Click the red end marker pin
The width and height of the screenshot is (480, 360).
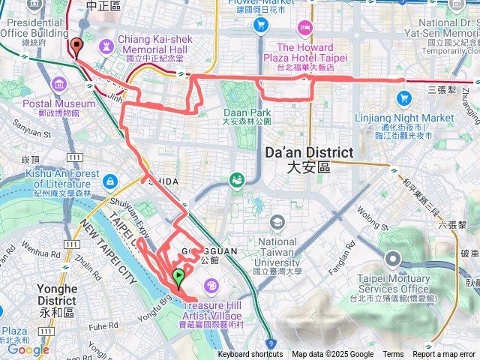click(x=76, y=47)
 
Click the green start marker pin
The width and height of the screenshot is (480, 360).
click(x=178, y=278)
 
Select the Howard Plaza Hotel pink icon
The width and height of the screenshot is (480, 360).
click(x=305, y=28)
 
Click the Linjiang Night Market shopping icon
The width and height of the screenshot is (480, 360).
click(x=404, y=97)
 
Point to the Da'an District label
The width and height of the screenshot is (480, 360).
click(x=308, y=159)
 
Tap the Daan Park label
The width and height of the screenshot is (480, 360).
click(x=245, y=116)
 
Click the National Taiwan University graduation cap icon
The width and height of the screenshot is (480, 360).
click(x=277, y=222)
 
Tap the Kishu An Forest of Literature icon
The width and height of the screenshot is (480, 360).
click(x=111, y=181)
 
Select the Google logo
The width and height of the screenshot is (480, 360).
click(x=28, y=349)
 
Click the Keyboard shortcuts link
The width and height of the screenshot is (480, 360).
click(x=250, y=355)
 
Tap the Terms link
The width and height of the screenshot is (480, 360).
click(x=392, y=355)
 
